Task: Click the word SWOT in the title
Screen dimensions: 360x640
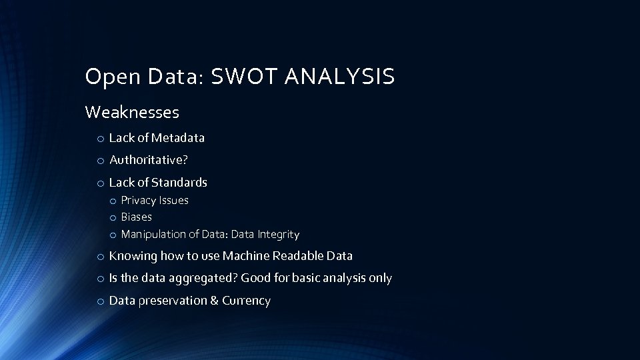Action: coord(244,77)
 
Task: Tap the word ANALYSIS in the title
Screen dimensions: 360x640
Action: coord(340,77)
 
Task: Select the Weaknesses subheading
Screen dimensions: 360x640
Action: coord(132,112)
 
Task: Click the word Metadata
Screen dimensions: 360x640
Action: coord(178,138)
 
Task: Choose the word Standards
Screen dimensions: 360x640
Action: coord(179,182)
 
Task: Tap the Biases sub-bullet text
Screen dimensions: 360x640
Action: coord(136,217)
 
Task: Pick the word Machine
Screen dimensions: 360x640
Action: coord(246,255)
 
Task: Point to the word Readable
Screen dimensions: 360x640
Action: coord(298,255)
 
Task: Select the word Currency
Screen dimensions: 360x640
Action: coord(246,301)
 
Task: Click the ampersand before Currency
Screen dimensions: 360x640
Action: coord(214,301)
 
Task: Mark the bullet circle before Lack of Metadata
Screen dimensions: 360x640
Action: coord(99,139)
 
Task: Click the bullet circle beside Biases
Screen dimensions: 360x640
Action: coord(114,217)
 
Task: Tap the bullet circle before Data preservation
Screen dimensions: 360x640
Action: coord(99,301)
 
